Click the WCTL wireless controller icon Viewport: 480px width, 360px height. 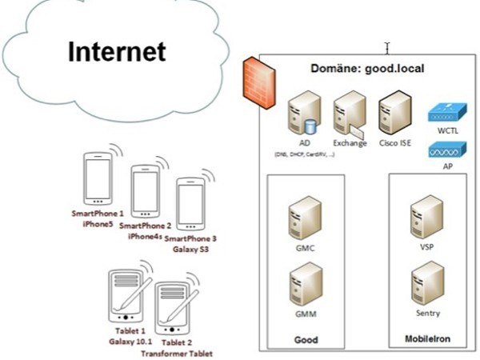tap(446, 112)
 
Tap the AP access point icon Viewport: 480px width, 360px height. tap(446, 150)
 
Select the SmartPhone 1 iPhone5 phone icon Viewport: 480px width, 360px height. tap(98, 179)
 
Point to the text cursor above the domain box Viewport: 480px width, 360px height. tap(386, 48)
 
